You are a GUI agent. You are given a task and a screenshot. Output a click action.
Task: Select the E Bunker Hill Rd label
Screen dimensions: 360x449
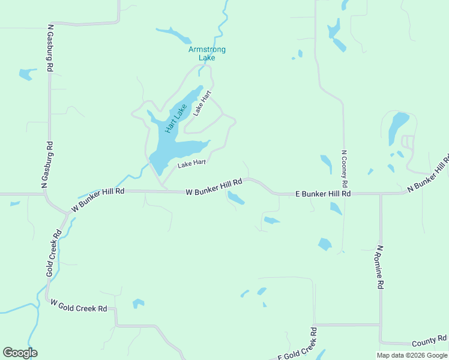click(x=323, y=194)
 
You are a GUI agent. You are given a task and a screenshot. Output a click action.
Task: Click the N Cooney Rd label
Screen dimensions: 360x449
click(x=345, y=167)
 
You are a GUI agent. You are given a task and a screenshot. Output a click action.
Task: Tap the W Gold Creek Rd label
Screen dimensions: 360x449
click(x=79, y=306)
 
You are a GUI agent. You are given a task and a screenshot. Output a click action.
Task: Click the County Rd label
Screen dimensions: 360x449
click(x=429, y=341)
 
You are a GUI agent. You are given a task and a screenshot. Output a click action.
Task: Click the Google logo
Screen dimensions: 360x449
click(x=20, y=353)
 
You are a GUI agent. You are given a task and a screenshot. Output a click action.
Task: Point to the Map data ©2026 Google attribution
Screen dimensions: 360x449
click(x=411, y=355)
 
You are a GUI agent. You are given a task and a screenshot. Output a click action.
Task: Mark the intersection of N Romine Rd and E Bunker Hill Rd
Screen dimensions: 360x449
click(x=380, y=194)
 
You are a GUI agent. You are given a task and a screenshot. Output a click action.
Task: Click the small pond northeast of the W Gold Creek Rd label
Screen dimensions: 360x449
click(x=138, y=303)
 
